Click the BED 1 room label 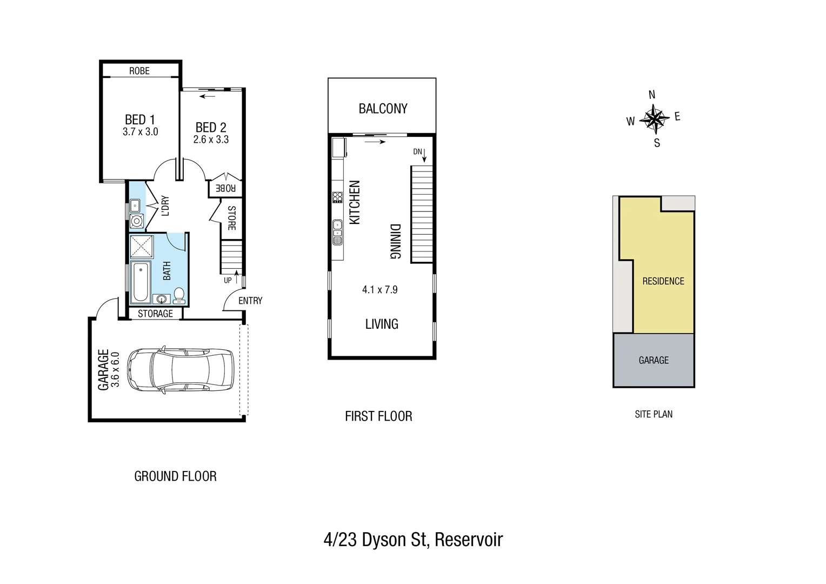139,120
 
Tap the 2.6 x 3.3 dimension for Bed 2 211,140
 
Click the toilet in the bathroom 179,295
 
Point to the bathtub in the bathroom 141,281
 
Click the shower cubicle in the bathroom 142,247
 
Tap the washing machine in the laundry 137,221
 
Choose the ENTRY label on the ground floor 250,301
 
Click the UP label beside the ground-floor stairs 228,280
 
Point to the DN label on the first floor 417,152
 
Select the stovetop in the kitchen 337,197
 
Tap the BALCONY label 383,109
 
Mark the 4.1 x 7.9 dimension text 379,290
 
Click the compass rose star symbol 654,119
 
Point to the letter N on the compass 652,95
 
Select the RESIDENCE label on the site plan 663,281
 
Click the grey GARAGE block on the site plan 654,360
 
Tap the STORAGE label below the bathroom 155,314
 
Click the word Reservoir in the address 469,540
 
